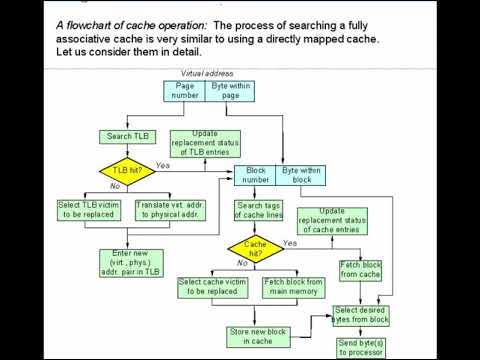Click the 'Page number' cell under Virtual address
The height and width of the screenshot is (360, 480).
[x=185, y=91]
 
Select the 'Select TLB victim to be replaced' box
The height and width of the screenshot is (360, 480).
[x=90, y=210]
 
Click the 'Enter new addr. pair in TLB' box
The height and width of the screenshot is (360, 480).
[x=129, y=263]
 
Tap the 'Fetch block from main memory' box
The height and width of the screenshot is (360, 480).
[x=291, y=288]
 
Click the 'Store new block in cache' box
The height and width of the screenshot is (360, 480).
[x=254, y=334]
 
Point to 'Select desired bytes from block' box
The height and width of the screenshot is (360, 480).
[x=361, y=317]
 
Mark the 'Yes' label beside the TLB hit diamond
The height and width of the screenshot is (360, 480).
[x=163, y=165]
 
